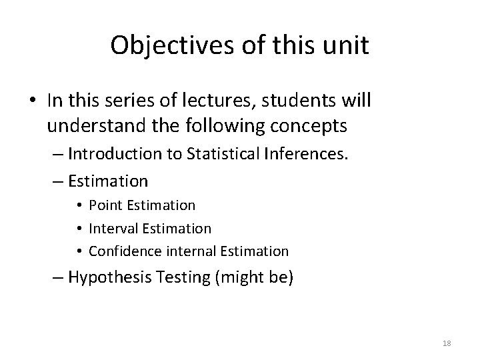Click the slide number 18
point(447,343)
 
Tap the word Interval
point(115,229)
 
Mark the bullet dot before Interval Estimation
point(79,229)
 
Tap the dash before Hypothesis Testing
point(57,277)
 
